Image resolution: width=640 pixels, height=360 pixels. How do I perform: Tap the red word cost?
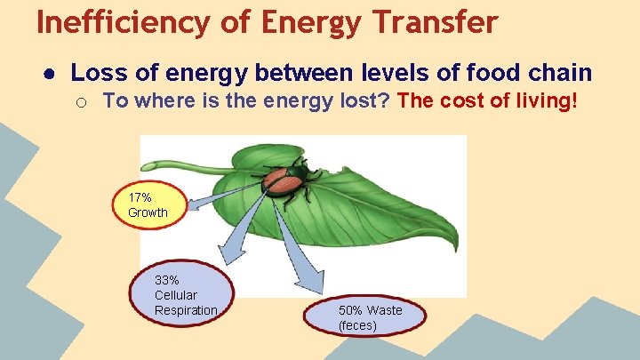click(456, 100)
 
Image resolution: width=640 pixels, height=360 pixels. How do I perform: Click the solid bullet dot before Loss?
click(50, 73)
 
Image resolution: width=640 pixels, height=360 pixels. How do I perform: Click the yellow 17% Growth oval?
click(146, 205)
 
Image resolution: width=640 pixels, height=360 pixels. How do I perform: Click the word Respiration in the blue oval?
click(186, 310)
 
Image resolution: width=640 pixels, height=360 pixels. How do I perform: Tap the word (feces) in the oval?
click(357, 325)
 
